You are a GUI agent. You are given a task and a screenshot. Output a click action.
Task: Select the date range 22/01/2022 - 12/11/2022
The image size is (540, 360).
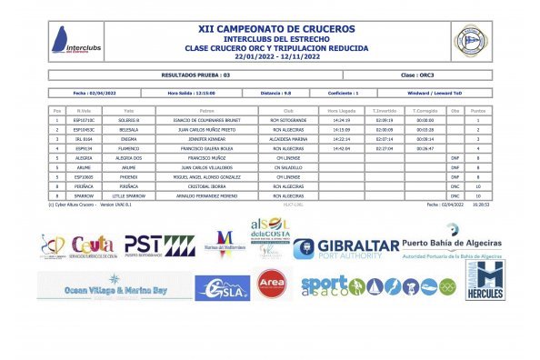[x=270, y=55]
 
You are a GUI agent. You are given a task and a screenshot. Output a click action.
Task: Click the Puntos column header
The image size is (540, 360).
[x=477, y=110]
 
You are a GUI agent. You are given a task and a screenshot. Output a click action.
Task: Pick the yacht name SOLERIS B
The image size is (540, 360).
[x=129, y=120]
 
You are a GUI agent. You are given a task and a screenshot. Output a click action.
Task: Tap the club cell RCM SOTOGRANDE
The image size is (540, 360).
[x=288, y=120]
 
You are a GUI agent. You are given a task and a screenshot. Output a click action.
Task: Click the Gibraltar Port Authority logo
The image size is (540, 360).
[x=346, y=248]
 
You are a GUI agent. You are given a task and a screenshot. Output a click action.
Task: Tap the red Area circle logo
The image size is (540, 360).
[x=271, y=284]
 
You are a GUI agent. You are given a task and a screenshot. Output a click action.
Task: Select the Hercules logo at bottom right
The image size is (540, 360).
[x=485, y=280]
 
